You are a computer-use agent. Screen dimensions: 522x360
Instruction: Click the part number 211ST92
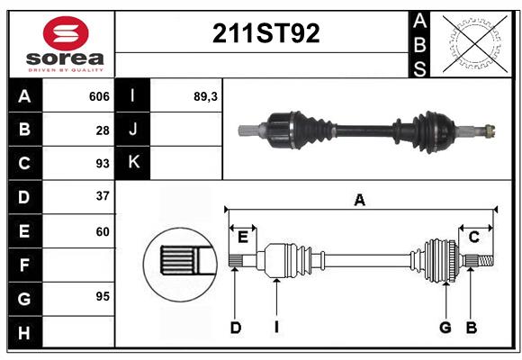click(x=266, y=33)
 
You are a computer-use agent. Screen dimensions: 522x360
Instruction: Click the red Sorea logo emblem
click(x=66, y=33)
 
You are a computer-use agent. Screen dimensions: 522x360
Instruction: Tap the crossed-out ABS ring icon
click(x=475, y=43)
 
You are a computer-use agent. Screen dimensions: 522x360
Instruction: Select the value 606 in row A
click(x=99, y=96)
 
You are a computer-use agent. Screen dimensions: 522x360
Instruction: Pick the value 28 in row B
click(x=103, y=130)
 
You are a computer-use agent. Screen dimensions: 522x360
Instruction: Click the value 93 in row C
click(x=103, y=164)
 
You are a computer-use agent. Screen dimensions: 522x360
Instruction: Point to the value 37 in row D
click(x=103, y=196)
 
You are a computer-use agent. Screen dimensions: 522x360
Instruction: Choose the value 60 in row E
click(x=103, y=231)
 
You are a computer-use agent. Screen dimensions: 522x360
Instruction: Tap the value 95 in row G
click(x=103, y=296)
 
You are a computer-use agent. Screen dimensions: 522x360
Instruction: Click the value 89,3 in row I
click(x=205, y=96)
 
